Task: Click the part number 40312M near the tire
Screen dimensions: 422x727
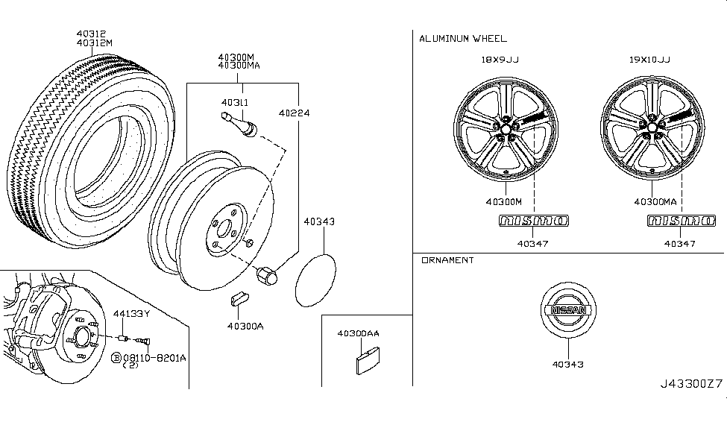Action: point(95,42)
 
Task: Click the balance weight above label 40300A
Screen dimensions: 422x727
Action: point(239,299)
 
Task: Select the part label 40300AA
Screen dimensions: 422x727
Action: point(358,333)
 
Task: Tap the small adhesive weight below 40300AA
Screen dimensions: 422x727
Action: point(364,362)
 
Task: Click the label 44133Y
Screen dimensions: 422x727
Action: point(132,313)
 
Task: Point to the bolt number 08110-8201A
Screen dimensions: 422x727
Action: point(154,358)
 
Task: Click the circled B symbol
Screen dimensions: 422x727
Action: point(116,359)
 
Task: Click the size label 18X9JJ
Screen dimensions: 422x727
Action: point(501,60)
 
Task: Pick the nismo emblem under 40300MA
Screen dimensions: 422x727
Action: point(680,221)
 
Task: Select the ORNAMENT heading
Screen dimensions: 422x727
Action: point(447,260)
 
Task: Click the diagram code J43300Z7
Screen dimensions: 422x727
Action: point(691,383)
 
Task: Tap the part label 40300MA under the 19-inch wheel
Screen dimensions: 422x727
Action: point(655,201)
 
